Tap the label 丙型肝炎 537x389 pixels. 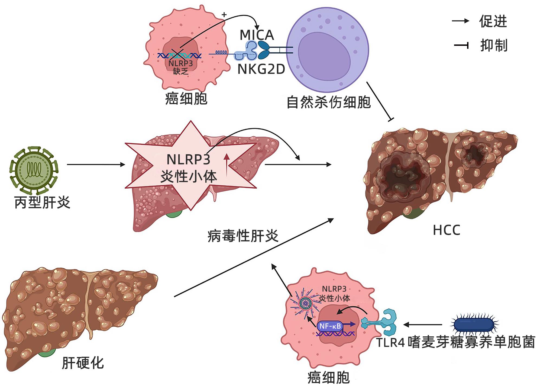pyautogui.click(x=42, y=202)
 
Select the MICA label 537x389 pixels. pyautogui.click(x=257, y=35)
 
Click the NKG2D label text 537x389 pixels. pyautogui.click(x=261, y=69)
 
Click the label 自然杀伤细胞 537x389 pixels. pyautogui.click(x=328, y=102)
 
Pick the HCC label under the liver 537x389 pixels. pyautogui.click(x=447, y=230)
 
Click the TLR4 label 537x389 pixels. pyautogui.click(x=390, y=342)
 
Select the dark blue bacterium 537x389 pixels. pyautogui.click(x=474, y=324)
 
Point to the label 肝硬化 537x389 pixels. pyautogui.click(x=83, y=363)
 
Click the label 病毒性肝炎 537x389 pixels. pyautogui.click(x=243, y=236)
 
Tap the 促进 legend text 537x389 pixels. pyautogui.click(x=493, y=21)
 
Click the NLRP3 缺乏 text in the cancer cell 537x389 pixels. pyautogui.click(x=180, y=67)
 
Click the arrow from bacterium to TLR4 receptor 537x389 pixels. pyautogui.click(x=423, y=324)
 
